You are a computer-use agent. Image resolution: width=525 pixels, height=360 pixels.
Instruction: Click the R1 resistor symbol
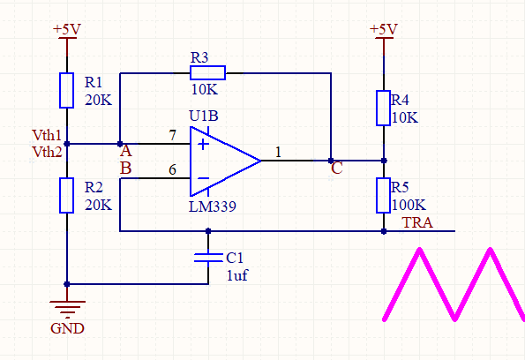[x=67, y=90]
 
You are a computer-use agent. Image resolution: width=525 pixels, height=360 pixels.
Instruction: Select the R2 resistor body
[x=67, y=196]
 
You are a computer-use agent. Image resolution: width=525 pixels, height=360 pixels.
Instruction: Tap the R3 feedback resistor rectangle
[x=207, y=72]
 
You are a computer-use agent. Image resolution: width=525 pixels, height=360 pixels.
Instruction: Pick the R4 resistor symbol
[x=383, y=108]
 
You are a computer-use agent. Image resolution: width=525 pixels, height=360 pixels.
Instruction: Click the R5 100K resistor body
[x=383, y=196]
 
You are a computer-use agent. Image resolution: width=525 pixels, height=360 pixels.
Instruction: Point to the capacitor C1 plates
[x=208, y=258]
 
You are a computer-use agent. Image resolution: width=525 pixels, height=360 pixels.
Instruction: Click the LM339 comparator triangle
[x=225, y=161]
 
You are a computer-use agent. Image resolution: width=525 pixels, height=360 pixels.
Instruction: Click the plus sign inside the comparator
[x=203, y=144]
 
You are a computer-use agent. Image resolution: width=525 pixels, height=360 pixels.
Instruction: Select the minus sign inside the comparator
[x=203, y=178]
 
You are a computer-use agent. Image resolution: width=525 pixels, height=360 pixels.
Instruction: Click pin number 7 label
[x=172, y=135]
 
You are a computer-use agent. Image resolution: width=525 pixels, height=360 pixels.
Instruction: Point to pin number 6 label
[x=172, y=169]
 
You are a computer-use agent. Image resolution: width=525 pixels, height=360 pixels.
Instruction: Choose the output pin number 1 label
[x=278, y=153]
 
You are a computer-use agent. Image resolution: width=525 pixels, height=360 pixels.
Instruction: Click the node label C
[x=336, y=169]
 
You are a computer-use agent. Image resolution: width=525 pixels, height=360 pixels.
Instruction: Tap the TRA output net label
[x=417, y=222]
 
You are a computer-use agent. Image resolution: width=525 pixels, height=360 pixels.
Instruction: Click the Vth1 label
[x=47, y=135]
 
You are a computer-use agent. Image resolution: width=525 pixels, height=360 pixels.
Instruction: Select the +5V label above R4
[x=384, y=29]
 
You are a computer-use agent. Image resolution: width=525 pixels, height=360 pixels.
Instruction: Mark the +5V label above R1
[x=67, y=29]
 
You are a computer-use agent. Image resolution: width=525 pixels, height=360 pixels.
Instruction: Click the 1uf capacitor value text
[x=237, y=275]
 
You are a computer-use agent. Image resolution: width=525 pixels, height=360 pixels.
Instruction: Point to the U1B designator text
[x=204, y=116]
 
